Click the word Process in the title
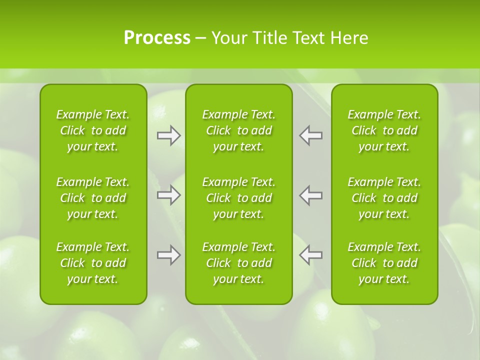click(157, 37)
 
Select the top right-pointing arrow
click(169, 135)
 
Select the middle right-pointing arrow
click(169, 195)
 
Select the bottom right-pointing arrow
click(169, 255)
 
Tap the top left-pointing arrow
click(310, 135)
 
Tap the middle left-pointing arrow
click(310, 195)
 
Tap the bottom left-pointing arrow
click(310, 255)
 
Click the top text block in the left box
click(93, 130)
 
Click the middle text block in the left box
click(93, 198)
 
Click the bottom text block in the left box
click(93, 263)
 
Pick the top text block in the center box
click(239, 130)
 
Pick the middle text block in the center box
click(239, 198)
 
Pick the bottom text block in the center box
click(239, 263)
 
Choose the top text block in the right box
click(384, 130)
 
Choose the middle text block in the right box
click(384, 198)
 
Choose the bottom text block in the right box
click(384, 263)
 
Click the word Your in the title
click(228, 37)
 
